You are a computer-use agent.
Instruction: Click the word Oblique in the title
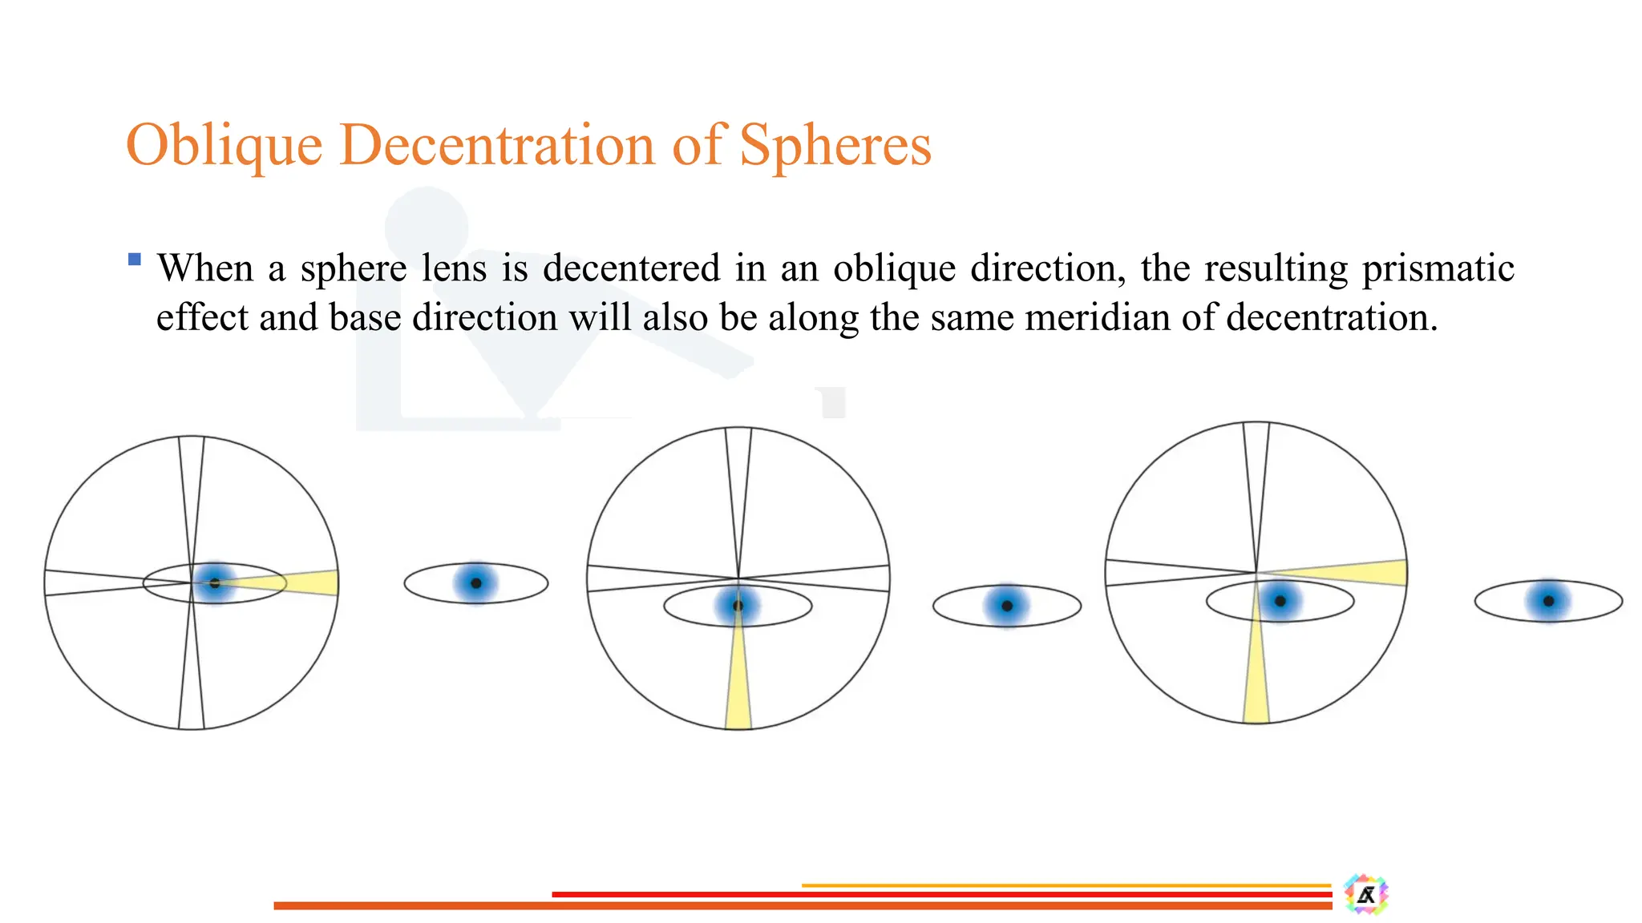tap(224, 147)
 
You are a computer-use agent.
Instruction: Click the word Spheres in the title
tap(835, 147)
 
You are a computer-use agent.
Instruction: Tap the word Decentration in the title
tap(497, 147)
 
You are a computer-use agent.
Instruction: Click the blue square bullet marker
tap(135, 259)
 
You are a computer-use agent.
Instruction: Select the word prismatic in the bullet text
tap(1438, 268)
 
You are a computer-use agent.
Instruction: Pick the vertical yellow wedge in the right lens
tap(1256, 673)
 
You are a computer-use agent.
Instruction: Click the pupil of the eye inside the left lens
tap(214, 583)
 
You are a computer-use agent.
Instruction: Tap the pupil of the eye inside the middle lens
tap(738, 605)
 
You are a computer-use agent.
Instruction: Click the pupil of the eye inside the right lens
tap(1280, 601)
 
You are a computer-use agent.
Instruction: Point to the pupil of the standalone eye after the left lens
tap(475, 583)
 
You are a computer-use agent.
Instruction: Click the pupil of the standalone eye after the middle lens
tap(1007, 606)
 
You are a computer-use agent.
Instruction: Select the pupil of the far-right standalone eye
tap(1548, 601)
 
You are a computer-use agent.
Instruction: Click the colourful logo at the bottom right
tap(1366, 894)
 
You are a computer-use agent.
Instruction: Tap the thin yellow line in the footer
tap(1066, 885)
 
